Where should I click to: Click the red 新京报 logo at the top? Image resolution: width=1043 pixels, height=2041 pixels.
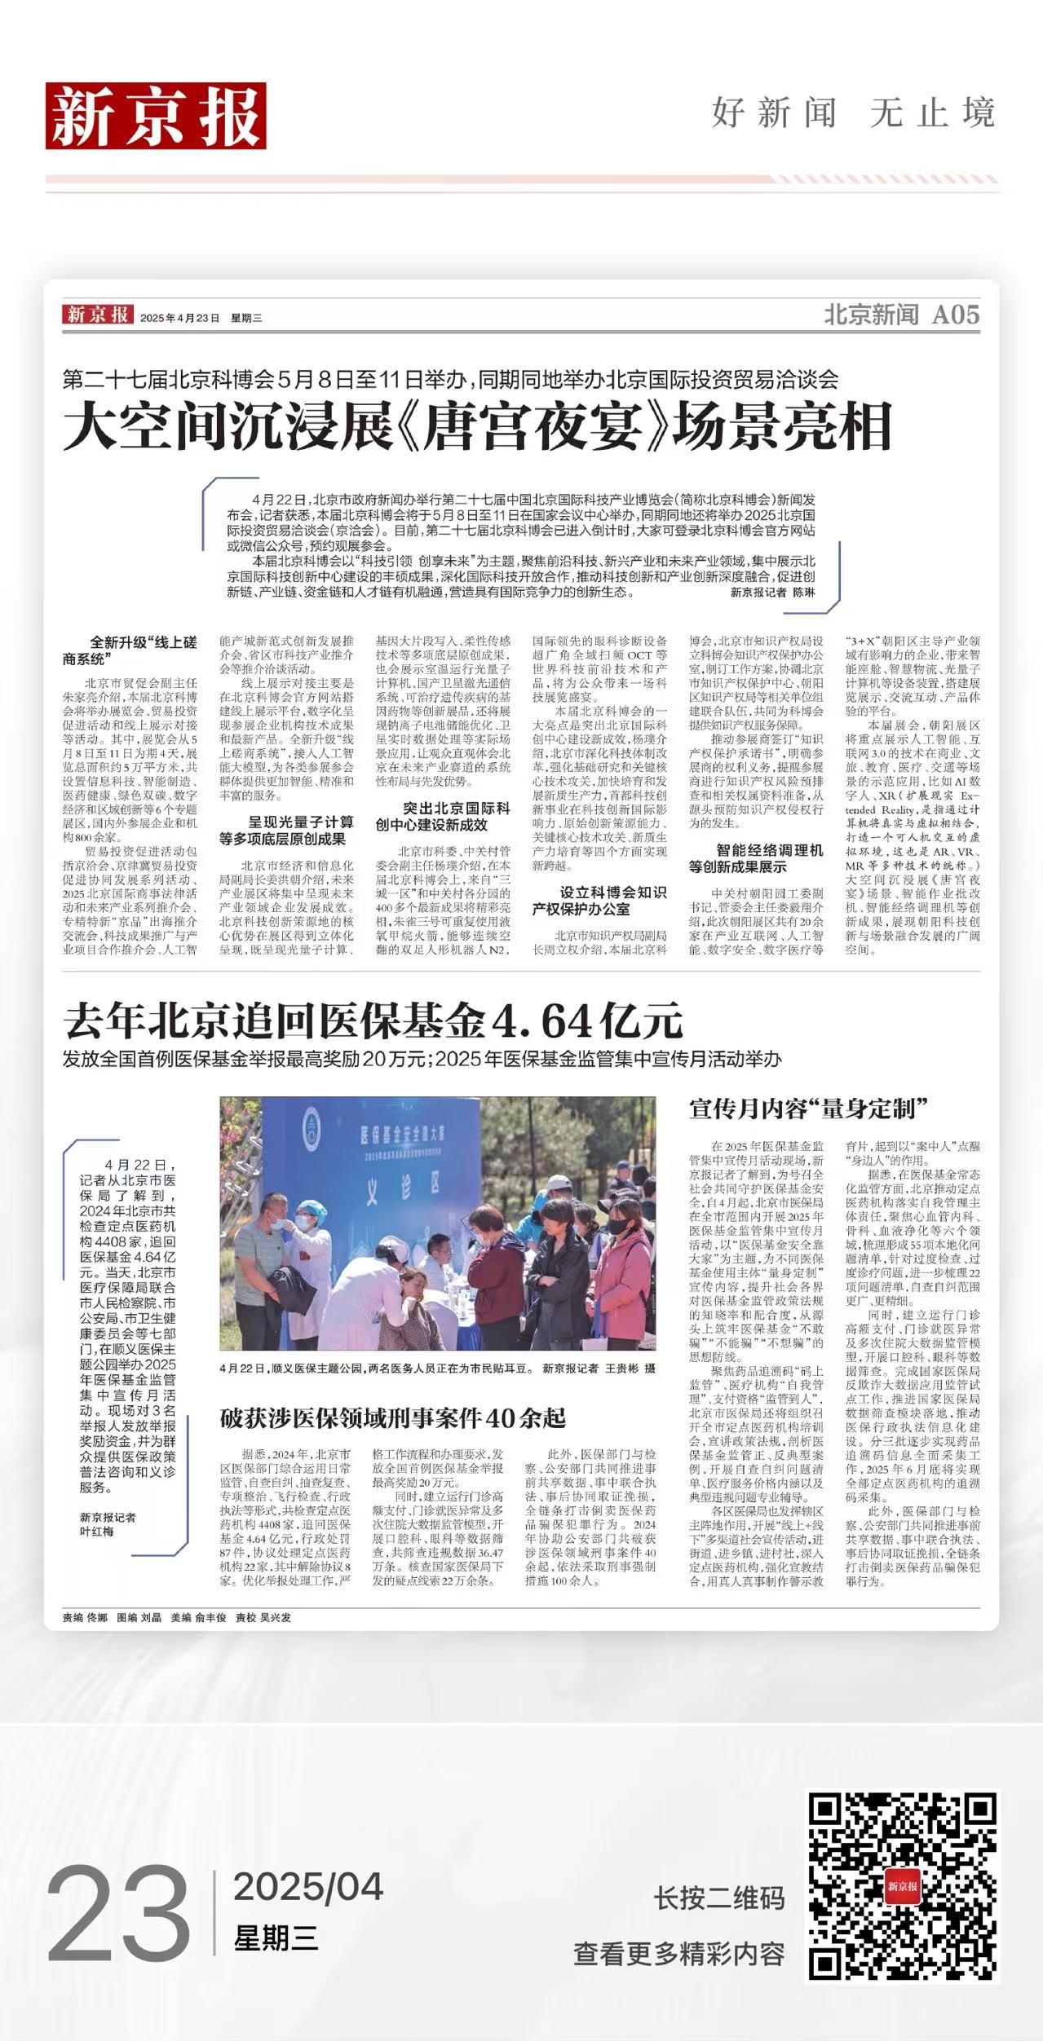coord(155,117)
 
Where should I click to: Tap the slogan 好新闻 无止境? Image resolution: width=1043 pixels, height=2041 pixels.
coord(853,112)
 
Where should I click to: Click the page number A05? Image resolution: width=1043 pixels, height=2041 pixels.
coord(955,315)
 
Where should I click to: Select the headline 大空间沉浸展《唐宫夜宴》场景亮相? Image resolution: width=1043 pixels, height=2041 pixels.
coord(477,426)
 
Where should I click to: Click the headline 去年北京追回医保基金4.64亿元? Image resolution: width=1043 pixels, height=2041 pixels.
coord(373,1020)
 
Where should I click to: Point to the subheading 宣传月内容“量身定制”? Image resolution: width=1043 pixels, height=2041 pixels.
coord(809,1109)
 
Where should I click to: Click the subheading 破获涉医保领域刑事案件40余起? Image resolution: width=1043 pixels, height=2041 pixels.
coord(392,1418)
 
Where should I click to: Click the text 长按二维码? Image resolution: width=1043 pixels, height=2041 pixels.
coord(718,1898)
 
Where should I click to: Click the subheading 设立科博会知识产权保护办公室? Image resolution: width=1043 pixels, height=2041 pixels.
coord(599,901)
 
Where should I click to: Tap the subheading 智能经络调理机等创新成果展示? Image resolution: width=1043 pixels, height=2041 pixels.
coord(756,858)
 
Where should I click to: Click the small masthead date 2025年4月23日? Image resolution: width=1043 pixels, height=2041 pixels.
coord(179,319)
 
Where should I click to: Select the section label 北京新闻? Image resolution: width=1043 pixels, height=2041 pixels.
coord(871,315)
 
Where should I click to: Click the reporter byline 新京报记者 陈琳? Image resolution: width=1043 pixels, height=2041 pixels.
coord(771,593)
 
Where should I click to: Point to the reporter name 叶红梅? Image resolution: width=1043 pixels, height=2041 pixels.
coord(97,1532)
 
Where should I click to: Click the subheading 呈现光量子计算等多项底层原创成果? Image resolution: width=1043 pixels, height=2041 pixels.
coord(286,831)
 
